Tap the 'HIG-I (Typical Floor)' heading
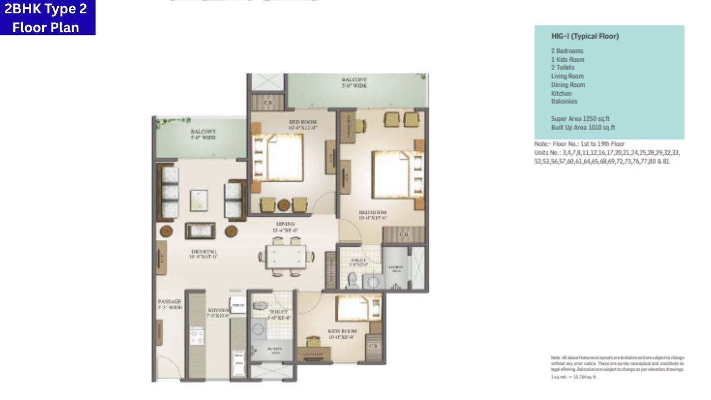[585, 36]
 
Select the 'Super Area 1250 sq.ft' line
[580, 119]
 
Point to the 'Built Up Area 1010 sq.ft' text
[583, 127]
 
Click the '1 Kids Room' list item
[567, 59]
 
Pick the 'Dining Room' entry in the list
[568, 85]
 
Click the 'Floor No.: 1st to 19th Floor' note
[579, 144]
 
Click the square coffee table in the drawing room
[200, 199]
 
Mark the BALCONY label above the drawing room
[203, 134]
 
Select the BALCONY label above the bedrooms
[354, 83]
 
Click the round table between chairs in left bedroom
[284, 204]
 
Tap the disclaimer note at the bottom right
[617, 366]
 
